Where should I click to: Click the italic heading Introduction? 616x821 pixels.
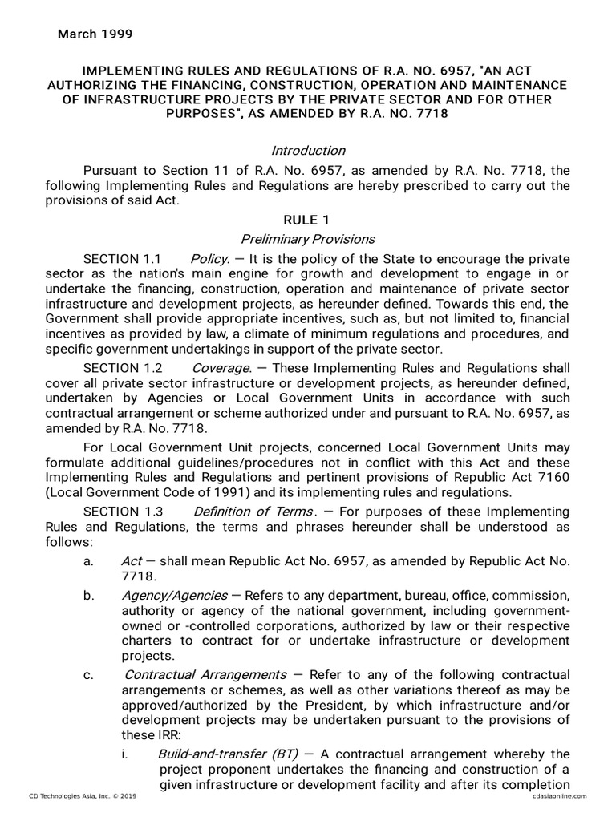tap(308, 151)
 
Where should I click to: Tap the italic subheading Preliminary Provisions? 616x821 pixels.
tap(308, 239)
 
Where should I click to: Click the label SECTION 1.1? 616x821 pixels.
tap(123, 258)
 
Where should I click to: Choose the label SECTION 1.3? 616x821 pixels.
tap(123, 512)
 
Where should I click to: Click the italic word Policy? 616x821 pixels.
tap(210, 258)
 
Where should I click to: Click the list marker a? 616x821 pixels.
tap(87, 561)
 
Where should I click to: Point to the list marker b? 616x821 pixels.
tap(87, 596)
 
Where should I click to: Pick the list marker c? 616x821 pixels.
tap(87, 674)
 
